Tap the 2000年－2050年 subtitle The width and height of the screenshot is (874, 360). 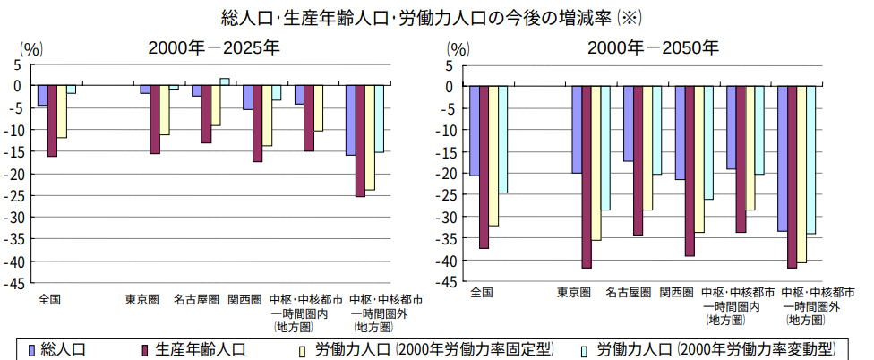[652, 47]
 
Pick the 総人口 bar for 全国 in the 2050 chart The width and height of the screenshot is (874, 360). [475, 131]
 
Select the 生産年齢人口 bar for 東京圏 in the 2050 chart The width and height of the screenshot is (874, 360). [587, 177]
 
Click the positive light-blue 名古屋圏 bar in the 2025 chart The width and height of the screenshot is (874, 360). [224, 81]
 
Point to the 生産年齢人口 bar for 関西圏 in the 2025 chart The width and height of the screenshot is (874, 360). [257, 124]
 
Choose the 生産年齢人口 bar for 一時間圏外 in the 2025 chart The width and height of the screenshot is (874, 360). [360, 141]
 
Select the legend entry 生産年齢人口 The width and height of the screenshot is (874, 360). [189, 348]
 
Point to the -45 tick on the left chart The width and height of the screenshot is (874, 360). [15, 282]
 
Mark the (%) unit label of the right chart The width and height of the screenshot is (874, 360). [458, 48]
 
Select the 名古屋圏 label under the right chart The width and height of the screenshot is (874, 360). [629, 292]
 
